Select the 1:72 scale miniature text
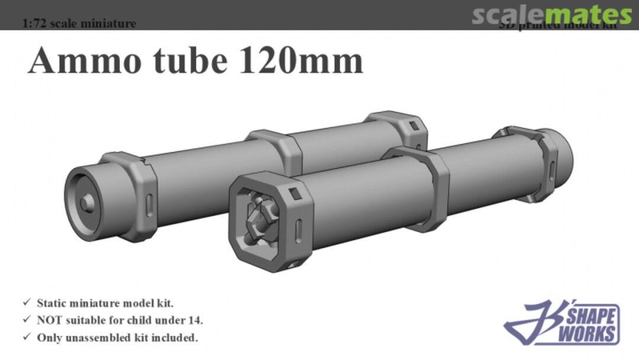(79, 24)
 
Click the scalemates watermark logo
(551, 14)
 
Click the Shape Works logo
(562, 323)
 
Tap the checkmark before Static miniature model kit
(27, 303)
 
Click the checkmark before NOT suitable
(27, 320)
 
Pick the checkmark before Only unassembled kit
(27, 337)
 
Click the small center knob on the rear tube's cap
(87, 202)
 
